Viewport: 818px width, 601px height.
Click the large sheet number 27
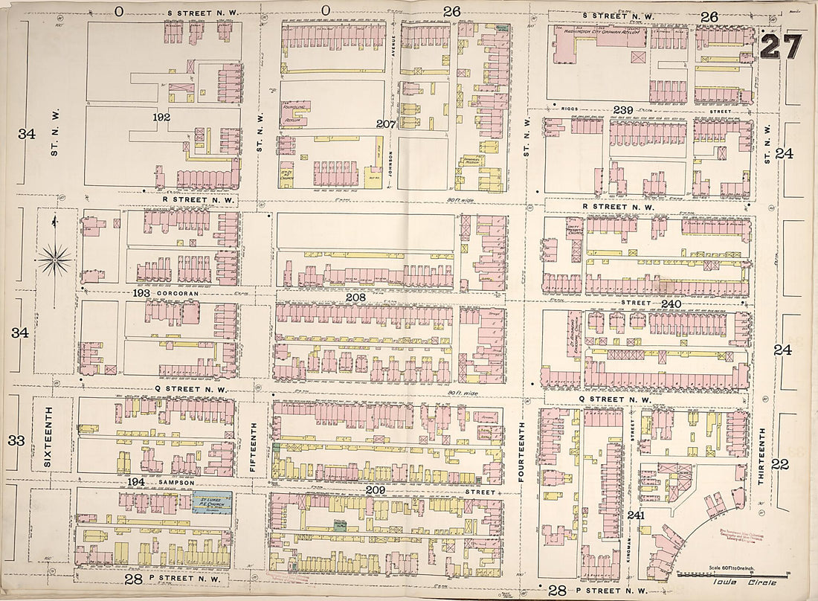782,47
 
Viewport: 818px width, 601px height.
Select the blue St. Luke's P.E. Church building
211,502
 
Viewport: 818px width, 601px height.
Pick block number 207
386,123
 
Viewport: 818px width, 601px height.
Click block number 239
623,110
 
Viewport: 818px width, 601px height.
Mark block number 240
671,303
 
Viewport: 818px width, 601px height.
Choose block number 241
636,515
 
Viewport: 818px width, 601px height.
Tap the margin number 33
16,440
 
